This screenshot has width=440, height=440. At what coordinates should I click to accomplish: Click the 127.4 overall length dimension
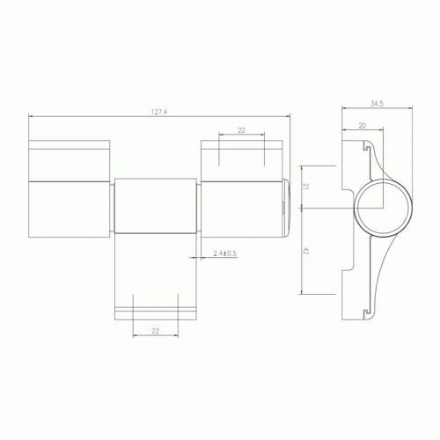(159, 112)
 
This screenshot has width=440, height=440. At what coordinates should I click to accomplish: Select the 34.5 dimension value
(377, 104)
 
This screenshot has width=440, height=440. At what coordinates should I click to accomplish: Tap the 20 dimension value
(363, 126)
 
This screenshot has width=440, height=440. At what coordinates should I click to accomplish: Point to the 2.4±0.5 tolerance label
(224, 253)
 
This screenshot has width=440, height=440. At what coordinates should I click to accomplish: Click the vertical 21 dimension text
(305, 187)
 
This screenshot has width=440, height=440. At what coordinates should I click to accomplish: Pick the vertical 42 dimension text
(305, 251)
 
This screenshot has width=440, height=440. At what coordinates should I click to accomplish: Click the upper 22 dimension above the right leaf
(241, 130)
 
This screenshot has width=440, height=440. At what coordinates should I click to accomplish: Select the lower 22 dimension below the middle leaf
(156, 331)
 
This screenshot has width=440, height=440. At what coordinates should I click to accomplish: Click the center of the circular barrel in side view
(383, 208)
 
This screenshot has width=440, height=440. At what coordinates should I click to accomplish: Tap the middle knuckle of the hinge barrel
(155, 206)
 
